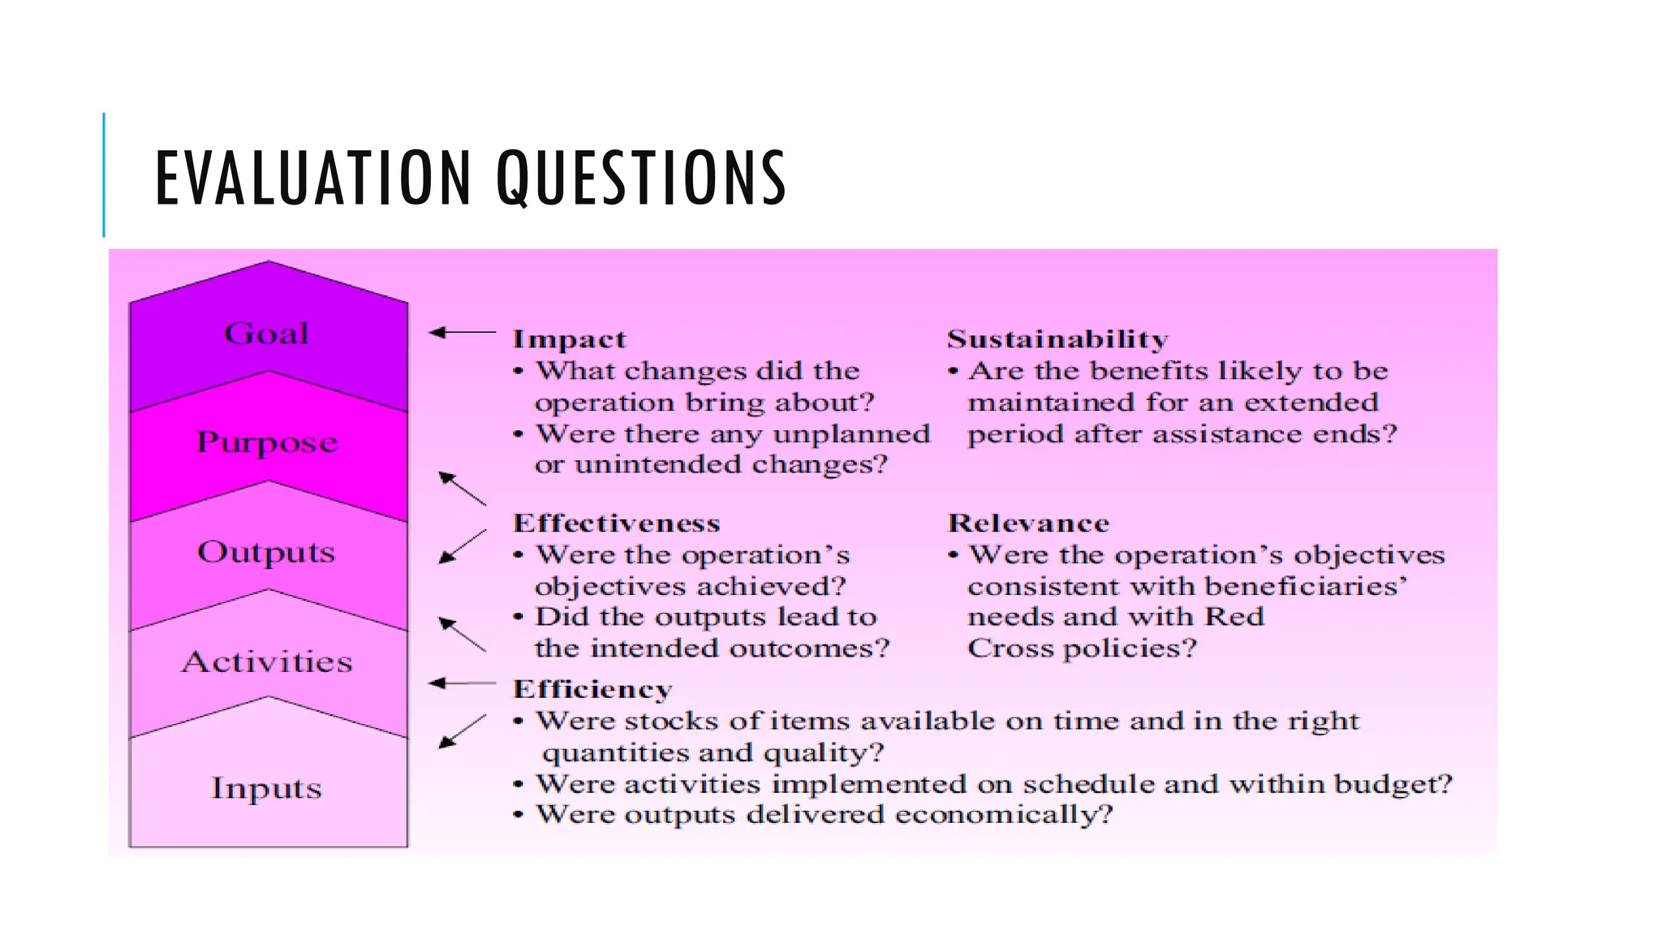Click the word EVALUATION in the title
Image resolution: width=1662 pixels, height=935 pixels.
(x=312, y=178)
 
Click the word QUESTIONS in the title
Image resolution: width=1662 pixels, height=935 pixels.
(x=641, y=178)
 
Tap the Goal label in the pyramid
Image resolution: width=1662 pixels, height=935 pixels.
(x=266, y=334)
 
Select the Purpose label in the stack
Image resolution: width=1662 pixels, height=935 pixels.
(x=267, y=443)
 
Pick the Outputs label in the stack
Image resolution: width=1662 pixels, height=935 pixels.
(x=266, y=553)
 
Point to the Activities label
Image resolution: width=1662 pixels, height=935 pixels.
(x=267, y=662)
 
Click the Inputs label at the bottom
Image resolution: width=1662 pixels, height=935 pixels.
(x=266, y=788)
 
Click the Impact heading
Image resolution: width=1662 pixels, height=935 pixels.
(x=569, y=339)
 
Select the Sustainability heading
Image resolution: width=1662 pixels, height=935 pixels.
(x=1057, y=338)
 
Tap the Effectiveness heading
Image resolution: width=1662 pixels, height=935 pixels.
(x=616, y=524)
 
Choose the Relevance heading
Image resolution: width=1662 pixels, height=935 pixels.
(x=1028, y=524)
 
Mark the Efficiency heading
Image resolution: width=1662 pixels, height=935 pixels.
(x=592, y=689)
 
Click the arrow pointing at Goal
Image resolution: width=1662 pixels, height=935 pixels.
(x=461, y=332)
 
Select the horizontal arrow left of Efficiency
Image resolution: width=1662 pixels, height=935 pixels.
(x=461, y=683)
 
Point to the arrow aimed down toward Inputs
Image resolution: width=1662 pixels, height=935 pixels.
(x=462, y=731)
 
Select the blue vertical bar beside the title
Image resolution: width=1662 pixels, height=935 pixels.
(x=104, y=175)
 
